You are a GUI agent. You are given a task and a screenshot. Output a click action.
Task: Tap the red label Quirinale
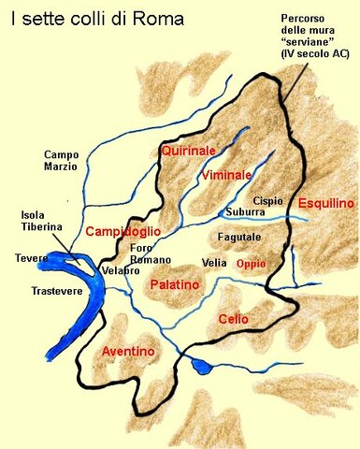188,151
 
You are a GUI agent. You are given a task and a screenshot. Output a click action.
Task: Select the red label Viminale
226,175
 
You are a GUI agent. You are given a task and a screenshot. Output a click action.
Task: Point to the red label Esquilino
325,203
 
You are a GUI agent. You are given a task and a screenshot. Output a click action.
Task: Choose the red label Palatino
175,282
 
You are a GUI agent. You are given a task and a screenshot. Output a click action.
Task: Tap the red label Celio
233,319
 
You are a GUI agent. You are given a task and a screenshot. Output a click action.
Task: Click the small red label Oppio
252,264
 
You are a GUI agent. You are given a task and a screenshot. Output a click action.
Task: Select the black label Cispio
267,201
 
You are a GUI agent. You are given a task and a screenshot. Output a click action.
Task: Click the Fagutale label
239,239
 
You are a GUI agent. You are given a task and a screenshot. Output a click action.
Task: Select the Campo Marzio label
64,161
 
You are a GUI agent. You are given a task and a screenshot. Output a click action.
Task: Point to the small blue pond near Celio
199,366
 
